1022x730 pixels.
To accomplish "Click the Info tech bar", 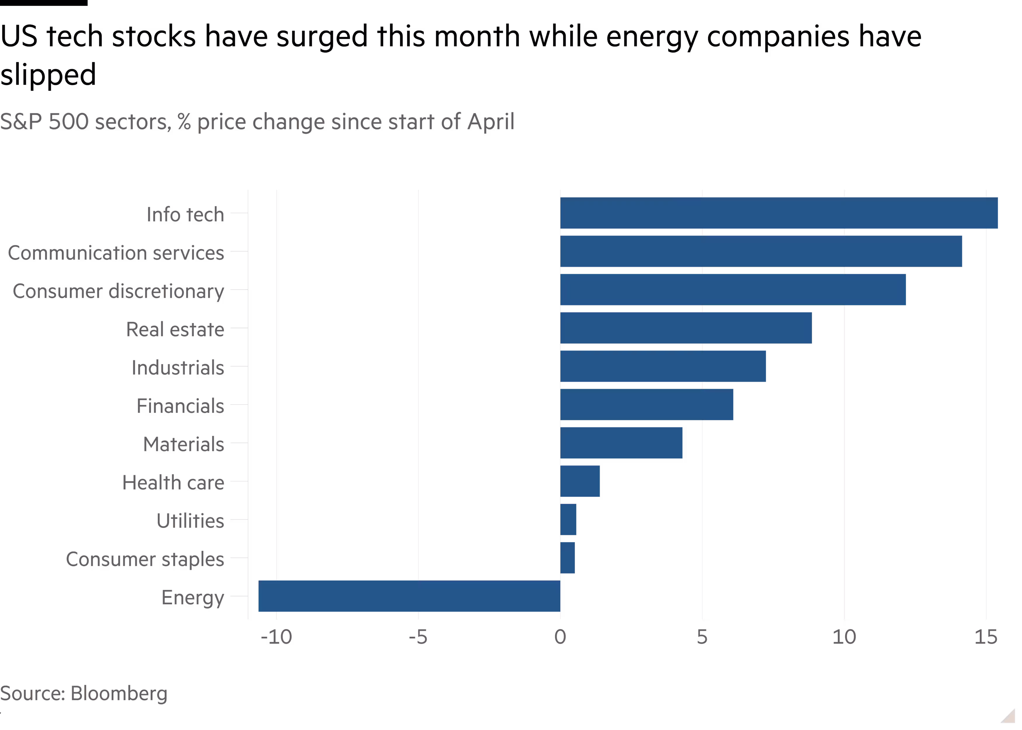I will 779,213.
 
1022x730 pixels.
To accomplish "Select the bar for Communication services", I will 761,251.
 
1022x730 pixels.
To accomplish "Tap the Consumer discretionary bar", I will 733,289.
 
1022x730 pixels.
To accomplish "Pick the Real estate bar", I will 686,328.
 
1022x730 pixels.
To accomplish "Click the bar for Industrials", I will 663,366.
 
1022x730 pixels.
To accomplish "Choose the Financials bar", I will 647,404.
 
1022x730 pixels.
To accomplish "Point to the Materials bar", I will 621,443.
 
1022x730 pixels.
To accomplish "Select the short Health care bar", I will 580,481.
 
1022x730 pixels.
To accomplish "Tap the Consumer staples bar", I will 567,558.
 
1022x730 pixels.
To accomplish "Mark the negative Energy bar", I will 409,596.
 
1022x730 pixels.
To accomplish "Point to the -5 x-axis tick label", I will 418,637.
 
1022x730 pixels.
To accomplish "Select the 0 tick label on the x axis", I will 560,637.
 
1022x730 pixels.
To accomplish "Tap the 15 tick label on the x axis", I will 985,637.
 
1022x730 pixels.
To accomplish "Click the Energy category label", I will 192,598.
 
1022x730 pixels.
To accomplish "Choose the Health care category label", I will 173,483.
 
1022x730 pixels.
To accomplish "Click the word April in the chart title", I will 490,122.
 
